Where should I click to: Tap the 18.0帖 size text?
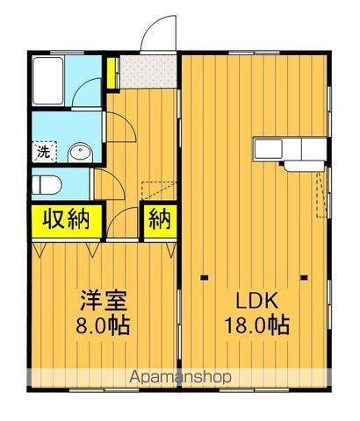(x=256, y=325)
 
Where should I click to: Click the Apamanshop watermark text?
(x=180, y=377)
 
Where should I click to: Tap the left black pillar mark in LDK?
(x=205, y=279)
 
